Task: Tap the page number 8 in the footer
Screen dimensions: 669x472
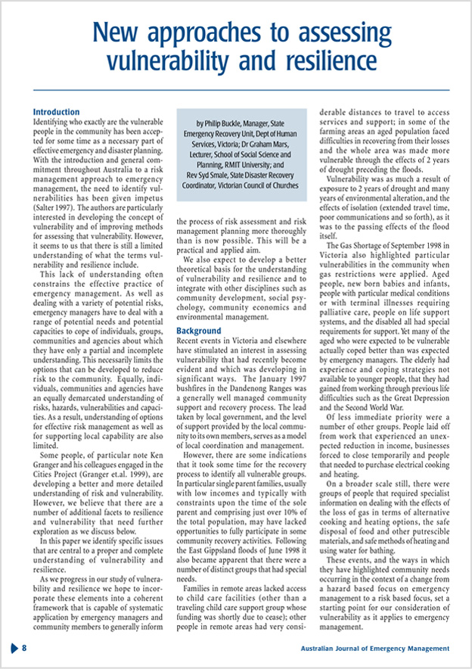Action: [25, 649]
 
